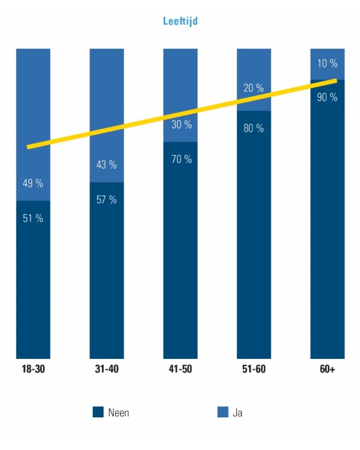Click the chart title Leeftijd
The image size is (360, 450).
click(180, 21)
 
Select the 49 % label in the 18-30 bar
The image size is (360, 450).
click(33, 184)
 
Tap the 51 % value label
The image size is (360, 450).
click(33, 218)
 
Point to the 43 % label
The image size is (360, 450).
click(107, 165)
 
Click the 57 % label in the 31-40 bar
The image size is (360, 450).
click(107, 199)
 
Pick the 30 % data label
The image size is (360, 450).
click(181, 125)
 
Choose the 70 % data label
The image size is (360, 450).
click(181, 159)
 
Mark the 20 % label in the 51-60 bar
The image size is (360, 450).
click(253, 88)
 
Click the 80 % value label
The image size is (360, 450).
click(253, 129)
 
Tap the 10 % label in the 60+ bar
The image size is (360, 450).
click(327, 63)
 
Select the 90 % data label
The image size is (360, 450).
click(327, 97)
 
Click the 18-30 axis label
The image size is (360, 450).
click(33, 369)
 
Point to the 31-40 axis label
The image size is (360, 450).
click(107, 369)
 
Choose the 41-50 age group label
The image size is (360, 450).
click(180, 369)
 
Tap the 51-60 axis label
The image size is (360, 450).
click(254, 369)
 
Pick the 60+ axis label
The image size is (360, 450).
click(327, 369)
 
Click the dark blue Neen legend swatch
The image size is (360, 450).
click(98, 412)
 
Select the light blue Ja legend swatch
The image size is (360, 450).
click(223, 412)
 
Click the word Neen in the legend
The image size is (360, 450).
click(119, 413)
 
